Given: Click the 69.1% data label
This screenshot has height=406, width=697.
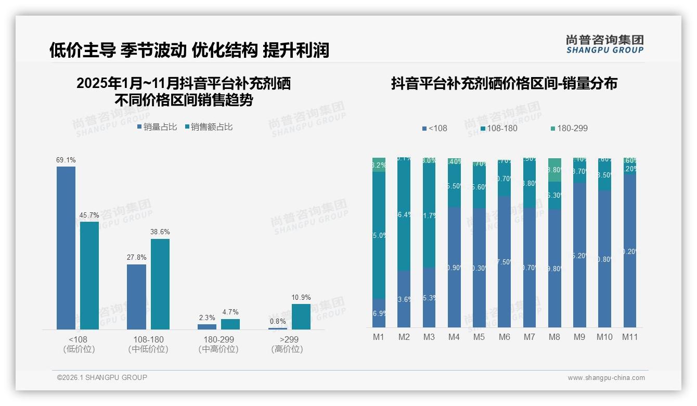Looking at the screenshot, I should (66, 160).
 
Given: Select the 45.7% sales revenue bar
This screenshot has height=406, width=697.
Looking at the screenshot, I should (89, 275).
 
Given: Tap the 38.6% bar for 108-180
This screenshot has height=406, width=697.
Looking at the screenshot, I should (160, 284).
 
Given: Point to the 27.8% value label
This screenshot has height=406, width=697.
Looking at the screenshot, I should (137, 257).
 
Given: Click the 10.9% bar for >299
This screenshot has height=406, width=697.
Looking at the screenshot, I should (301, 316).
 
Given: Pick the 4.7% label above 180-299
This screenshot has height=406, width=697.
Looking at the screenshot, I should (230, 312).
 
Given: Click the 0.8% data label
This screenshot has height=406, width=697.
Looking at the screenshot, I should (278, 321).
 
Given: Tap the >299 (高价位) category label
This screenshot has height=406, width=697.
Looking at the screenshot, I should (287, 344).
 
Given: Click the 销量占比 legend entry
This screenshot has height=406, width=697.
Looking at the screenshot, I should (157, 126).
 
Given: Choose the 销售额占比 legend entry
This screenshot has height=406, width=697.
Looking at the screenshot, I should (209, 126).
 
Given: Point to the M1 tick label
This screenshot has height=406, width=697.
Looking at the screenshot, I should (379, 337).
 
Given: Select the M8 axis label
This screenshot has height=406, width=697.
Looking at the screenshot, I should (554, 337).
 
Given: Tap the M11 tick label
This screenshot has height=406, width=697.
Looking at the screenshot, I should (630, 337).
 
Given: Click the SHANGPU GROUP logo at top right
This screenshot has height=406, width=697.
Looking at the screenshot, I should (604, 44).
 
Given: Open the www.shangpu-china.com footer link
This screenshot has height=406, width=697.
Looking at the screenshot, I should (606, 378).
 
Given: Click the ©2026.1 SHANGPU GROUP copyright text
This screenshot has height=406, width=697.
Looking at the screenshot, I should (102, 377).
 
